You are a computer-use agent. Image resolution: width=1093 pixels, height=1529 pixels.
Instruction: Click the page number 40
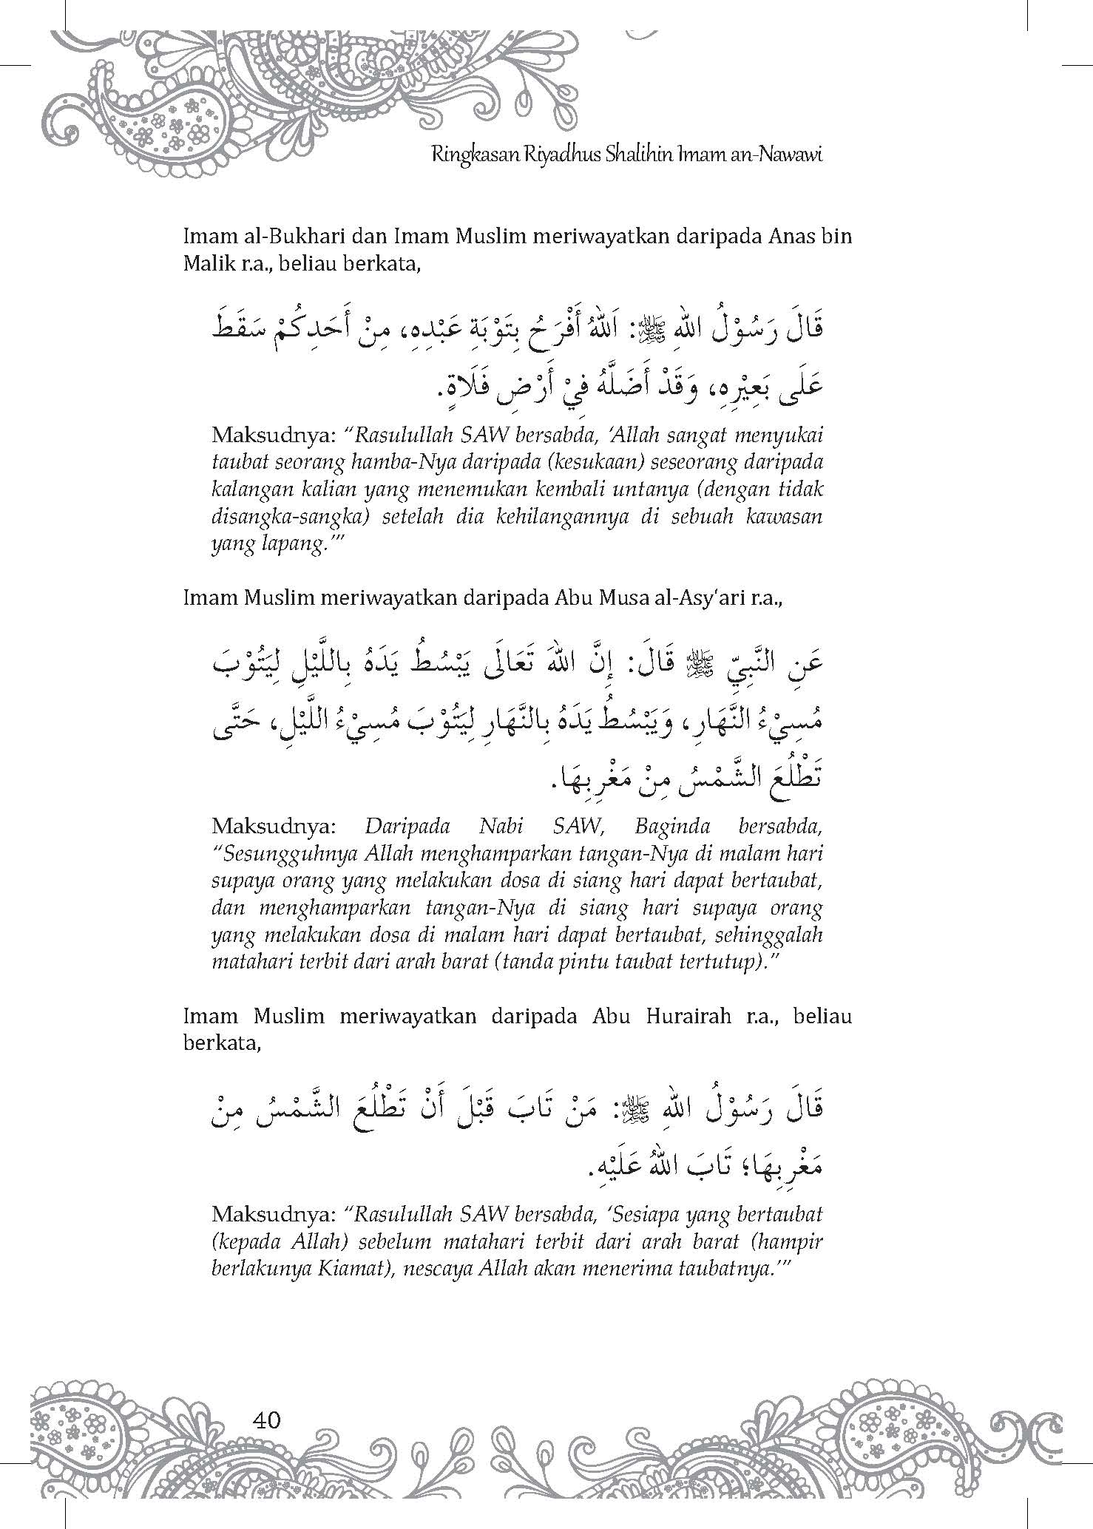pyautogui.click(x=266, y=1420)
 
